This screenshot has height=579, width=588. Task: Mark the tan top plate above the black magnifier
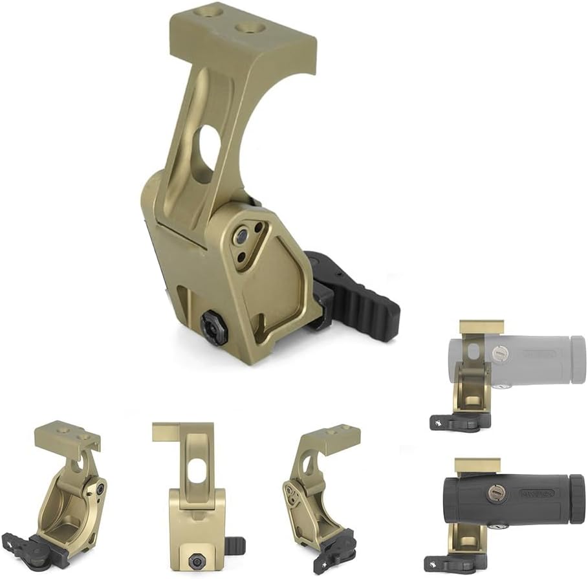point(478,464)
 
